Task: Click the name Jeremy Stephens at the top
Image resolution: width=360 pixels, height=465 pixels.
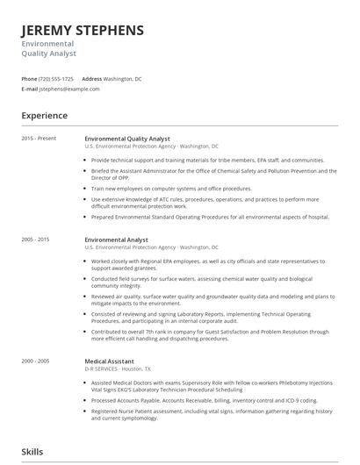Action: coord(83,31)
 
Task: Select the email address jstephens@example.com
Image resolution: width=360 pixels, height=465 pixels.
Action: coord(70,89)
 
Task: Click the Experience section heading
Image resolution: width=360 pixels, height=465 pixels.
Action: coord(45,116)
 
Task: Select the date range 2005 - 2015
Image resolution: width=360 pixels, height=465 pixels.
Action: coord(36,240)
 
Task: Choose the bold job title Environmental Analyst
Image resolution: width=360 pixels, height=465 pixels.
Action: coord(116,240)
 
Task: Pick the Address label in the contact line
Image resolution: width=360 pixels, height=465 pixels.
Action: coord(92,79)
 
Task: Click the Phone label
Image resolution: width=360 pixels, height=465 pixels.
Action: coord(29,79)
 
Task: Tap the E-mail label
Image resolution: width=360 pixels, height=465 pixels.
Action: coord(30,89)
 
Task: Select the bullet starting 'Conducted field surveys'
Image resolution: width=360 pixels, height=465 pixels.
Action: coord(211,282)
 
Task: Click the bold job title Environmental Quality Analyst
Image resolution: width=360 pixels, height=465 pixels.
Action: coord(127,139)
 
